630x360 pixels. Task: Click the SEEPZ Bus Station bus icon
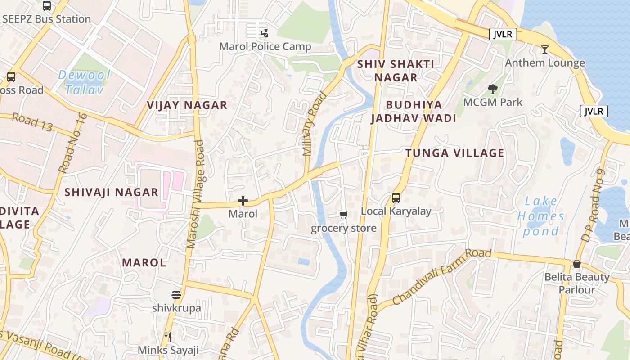(47, 6)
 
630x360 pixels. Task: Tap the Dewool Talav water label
(84, 82)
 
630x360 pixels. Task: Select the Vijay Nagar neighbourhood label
(187, 105)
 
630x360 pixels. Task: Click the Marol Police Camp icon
(265, 33)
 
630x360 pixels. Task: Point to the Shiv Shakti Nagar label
(396, 71)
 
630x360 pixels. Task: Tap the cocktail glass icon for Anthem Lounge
(545, 49)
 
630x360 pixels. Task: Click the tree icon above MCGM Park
(493, 89)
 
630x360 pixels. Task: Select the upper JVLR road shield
(503, 34)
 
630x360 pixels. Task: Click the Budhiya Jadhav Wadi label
(413, 112)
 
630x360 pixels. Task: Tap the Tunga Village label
(454, 153)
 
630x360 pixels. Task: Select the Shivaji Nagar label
(111, 192)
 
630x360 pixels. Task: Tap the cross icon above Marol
(243, 200)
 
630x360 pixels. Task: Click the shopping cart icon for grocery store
(344, 215)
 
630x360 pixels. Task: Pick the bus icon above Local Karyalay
(396, 198)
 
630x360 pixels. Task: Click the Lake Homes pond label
(540, 216)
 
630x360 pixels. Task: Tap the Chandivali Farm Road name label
(441, 276)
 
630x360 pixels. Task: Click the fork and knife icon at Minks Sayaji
(168, 337)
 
